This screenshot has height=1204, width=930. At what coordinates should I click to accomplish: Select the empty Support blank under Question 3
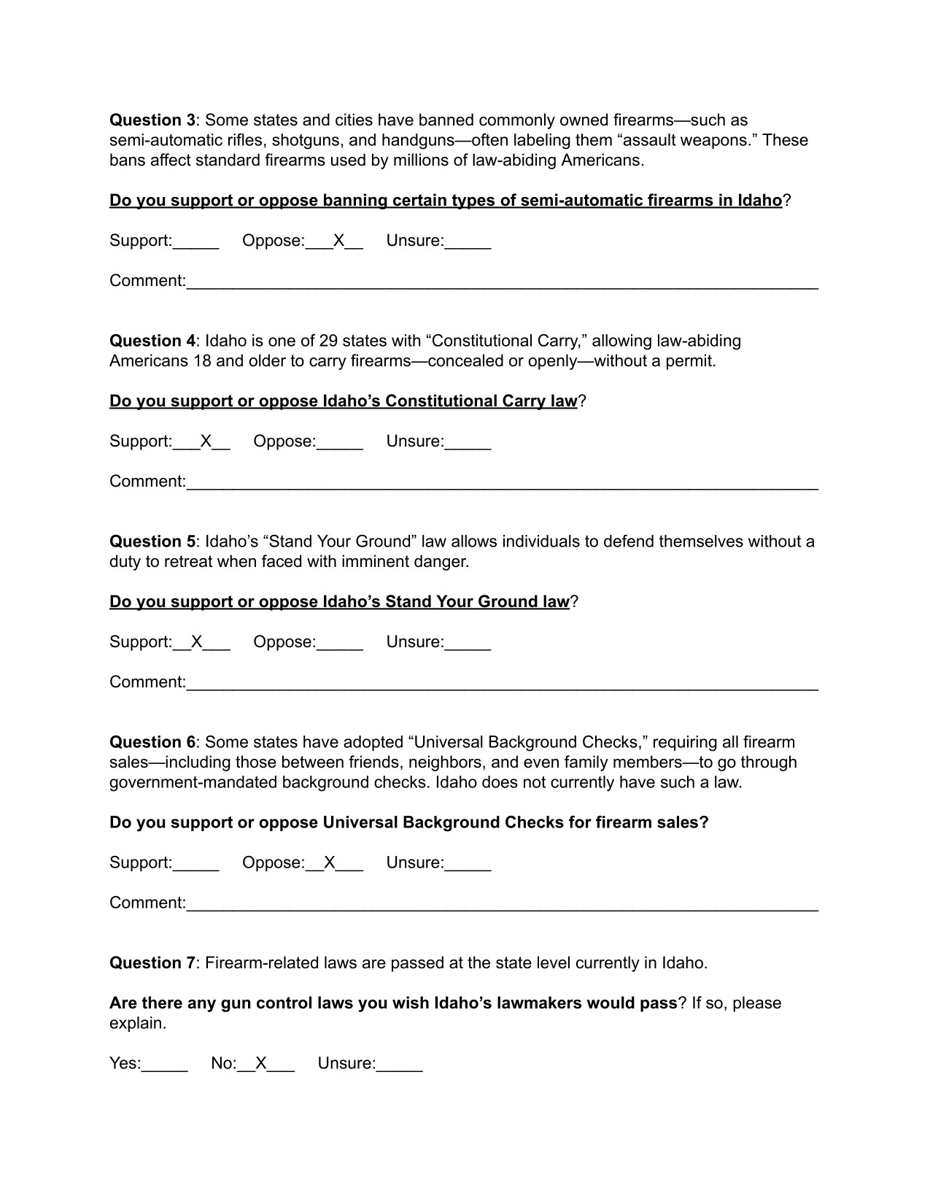point(196,242)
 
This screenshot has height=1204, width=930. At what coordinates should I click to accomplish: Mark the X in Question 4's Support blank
point(206,441)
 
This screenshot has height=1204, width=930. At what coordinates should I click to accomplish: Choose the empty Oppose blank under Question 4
point(340,443)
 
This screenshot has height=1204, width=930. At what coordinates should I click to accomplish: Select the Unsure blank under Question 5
point(468,644)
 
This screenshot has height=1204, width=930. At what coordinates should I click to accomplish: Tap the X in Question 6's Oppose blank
point(330,863)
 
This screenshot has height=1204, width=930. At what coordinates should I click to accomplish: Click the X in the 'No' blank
point(261,1063)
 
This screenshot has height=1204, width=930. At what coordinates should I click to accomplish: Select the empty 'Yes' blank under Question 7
point(165,1065)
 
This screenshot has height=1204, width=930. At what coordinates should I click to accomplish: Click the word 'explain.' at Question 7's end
point(138,1023)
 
